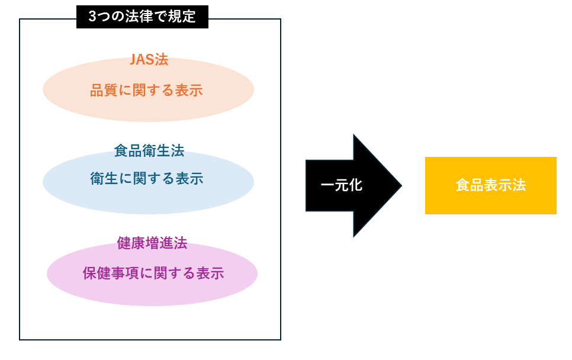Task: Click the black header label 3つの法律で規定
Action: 142,17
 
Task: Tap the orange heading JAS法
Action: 149,59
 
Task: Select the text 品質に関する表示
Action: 146,91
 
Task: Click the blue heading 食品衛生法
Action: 149,150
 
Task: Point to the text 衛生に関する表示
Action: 147,179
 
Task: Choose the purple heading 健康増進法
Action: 152,243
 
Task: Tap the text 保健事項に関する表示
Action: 153,273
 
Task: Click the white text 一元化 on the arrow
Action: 342,185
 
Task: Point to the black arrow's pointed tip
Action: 401,186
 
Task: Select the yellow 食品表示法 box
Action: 491,186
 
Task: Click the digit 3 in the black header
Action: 92,17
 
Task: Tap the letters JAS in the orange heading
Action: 142,59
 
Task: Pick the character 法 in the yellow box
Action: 519,185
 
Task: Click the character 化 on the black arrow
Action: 356,185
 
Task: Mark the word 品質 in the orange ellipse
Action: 104,91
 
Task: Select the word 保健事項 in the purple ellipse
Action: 111,273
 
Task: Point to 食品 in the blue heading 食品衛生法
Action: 128,150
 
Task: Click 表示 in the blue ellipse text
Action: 189,179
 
